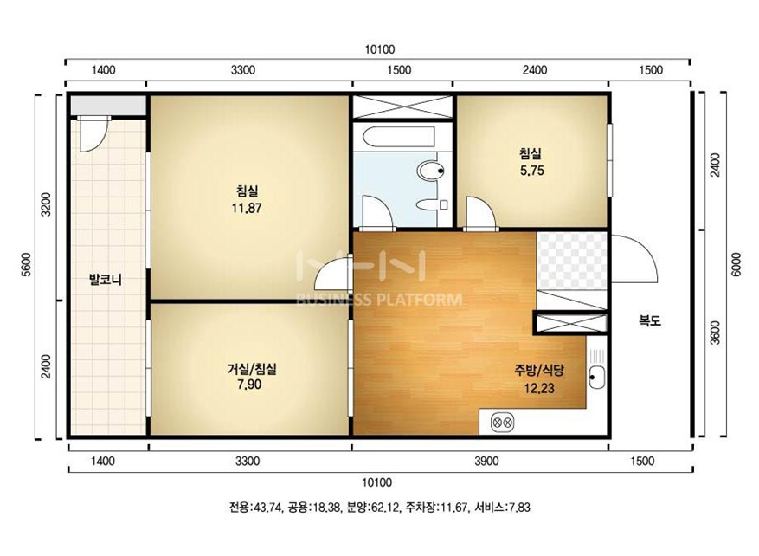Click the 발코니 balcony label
[106, 280]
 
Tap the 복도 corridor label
[650, 320]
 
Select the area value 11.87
[247, 208]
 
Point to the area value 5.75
[532, 171]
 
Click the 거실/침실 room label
[252, 369]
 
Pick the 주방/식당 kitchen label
[539, 371]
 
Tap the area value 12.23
[539, 388]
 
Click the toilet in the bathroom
[430, 171]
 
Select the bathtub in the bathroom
[399, 137]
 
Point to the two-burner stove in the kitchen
[503, 423]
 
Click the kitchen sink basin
[597, 377]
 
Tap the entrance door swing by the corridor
[634, 258]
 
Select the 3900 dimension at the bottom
[487, 461]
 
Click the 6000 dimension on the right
[736, 264]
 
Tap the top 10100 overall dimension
[380, 49]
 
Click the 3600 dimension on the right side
[716, 333]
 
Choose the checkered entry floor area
[572, 261]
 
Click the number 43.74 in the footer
[268, 508]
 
